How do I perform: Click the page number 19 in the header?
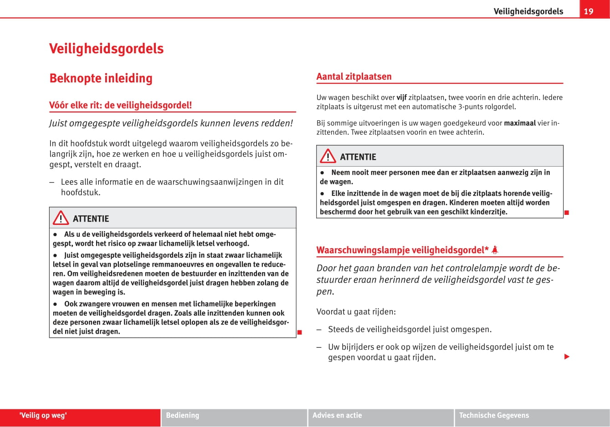coord(589,11)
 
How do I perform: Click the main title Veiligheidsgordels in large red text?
coord(106,49)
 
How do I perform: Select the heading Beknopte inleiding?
coord(101,78)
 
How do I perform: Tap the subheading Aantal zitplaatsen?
coord(354,76)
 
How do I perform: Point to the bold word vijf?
coord(401,97)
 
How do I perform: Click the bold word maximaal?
coord(520,123)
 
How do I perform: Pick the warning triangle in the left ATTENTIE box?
coord(61,219)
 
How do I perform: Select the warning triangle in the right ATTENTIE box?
coord(328,157)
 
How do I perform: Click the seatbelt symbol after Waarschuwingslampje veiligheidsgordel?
coord(495,249)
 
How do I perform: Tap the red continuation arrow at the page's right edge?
coord(567,356)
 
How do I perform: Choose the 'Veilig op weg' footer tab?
coord(43,415)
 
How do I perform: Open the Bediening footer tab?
coord(182,415)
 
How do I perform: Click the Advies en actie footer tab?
coord(337,415)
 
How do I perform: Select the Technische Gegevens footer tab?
coord(494,415)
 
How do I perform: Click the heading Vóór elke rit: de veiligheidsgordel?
coord(120,105)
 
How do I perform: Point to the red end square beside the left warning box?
coord(299,332)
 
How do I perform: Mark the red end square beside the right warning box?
coord(566,212)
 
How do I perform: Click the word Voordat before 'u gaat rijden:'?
coord(331,312)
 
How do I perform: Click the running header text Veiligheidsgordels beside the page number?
coord(528,11)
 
